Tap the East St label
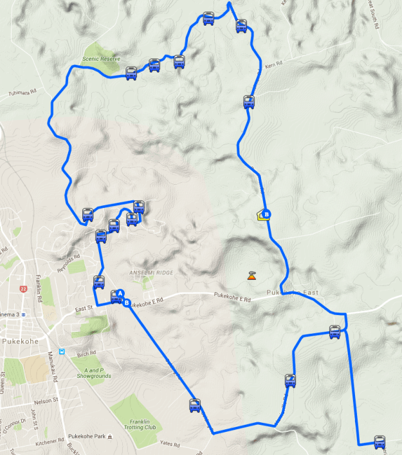(84, 309)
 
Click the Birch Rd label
(86, 352)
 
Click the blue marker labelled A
(116, 295)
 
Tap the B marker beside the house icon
(268, 214)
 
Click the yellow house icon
(260, 216)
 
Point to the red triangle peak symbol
(250, 276)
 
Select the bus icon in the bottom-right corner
(379, 442)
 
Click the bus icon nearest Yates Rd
(195, 405)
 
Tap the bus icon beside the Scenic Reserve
(131, 73)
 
